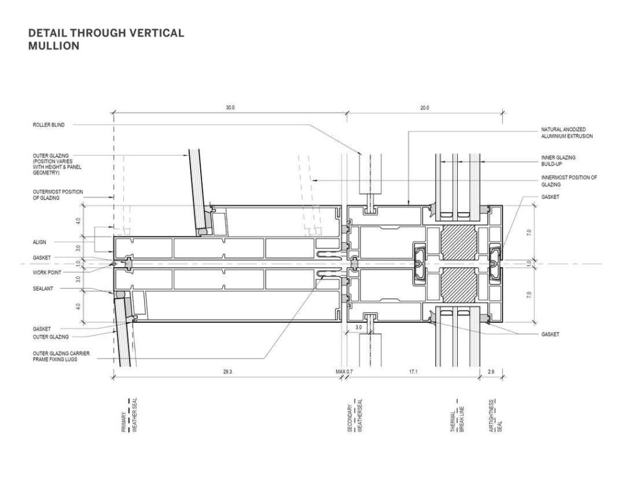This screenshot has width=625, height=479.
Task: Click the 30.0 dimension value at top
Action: tap(229, 107)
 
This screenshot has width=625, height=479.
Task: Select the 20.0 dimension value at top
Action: tap(425, 107)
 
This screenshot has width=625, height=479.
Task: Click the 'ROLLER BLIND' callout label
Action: tap(48, 125)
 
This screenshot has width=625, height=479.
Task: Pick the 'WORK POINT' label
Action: tap(45, 270)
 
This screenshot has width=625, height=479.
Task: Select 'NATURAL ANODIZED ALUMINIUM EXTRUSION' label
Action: tap(567, 133)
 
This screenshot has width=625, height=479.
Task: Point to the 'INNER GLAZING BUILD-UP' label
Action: tap(558, 160)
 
